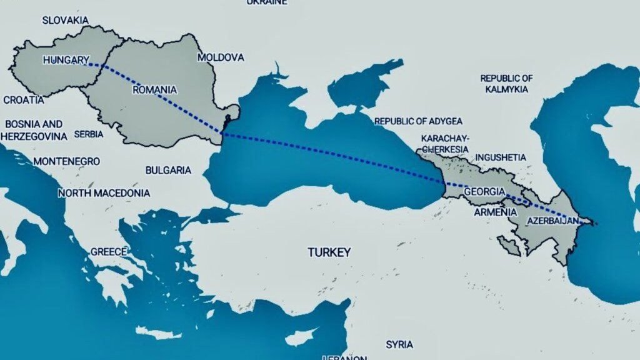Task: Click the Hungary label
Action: (66, 60)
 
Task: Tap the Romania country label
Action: (155, 90)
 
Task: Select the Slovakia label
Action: (66, 20)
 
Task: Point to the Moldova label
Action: (221, 57)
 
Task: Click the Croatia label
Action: (24, 99)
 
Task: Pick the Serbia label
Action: (88, 134)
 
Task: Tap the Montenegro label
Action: (66, 161)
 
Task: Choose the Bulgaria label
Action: (168, 170)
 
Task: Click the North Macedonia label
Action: (104, 193)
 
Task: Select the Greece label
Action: (109, 252)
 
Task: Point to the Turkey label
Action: (329, 252)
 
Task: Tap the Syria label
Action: (399, 344)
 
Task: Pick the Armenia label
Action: (496, 212)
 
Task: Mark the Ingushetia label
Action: (501, 157)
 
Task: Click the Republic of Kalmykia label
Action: (506, 84)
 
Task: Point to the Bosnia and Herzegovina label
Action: (34, 130)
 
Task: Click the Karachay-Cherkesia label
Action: (446, 144)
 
